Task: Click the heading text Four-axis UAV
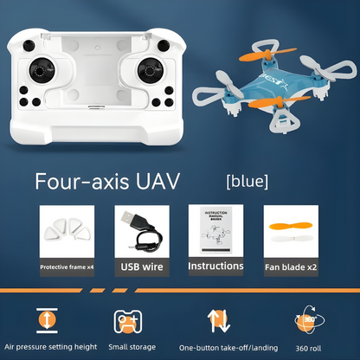[x=108, y=183]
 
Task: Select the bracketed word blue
[x=247, y=182]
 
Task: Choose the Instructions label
[x=215, y=267]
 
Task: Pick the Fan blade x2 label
[x=289, y=267]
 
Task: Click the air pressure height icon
[x=46, y=318]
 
